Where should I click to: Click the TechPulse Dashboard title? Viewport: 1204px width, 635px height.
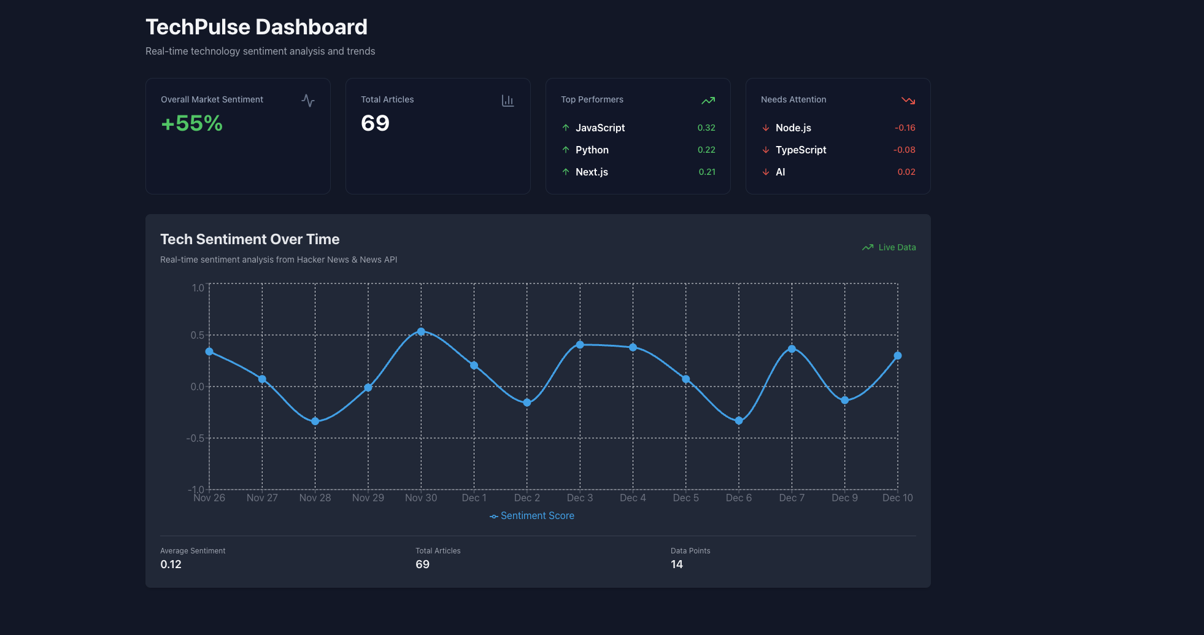[257, 27]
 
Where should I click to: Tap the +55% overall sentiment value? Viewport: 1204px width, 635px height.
[191, 123]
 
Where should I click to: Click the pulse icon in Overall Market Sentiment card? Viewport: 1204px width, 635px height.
[308, 101]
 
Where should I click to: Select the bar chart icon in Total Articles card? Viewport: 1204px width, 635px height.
[507, 101]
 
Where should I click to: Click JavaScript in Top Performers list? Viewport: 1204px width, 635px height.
[600, 128]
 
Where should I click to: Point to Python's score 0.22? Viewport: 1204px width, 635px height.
[706, 150]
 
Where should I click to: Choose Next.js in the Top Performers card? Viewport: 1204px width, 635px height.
[592, 172]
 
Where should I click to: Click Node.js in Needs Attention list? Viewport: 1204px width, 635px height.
[793, 128]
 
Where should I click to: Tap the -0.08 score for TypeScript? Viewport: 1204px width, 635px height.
[905, 150]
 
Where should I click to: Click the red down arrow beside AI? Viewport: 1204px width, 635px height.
[766, 172]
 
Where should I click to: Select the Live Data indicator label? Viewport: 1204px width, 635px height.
[897, 247]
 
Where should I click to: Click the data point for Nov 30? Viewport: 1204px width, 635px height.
[421, 332]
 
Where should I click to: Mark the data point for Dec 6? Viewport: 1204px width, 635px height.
[739, 421]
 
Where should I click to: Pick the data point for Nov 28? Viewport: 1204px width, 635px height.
[315, 421]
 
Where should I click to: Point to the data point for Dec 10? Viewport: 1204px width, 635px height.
[898, 356]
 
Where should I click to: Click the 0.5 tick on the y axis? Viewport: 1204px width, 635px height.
[197, 335]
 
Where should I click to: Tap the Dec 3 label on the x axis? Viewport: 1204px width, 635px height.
[580, 498]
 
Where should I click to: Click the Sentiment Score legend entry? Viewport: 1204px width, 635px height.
[532, 516]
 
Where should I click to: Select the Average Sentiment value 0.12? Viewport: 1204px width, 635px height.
[171, 564]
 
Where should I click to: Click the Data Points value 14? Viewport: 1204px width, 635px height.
[677, 564]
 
